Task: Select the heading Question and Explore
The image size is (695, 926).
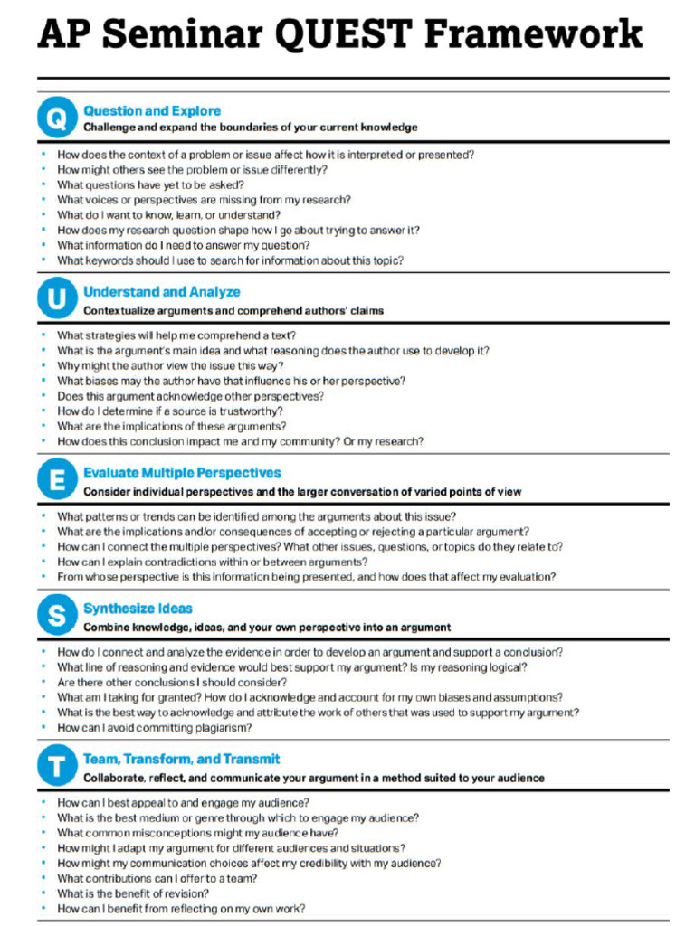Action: (152, 110)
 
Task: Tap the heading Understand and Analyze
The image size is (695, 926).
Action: (162, 292)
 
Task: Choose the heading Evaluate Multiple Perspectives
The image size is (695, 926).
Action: (182, 473)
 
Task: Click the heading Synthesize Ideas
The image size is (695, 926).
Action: (138, 609)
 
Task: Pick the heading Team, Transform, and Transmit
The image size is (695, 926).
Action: (181, 760)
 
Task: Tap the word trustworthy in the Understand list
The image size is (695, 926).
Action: (249, 411)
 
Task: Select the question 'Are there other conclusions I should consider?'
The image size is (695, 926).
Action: (172, 682)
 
